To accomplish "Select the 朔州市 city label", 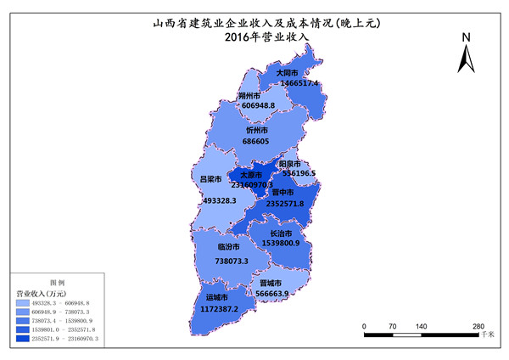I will [249, 96].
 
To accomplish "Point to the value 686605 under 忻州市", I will [255, 141].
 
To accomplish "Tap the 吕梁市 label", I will [210, 179].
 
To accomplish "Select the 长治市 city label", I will [282, 233].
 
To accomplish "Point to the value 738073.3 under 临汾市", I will [227, 262].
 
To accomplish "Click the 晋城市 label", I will [271, 283].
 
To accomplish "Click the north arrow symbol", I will [466, 59].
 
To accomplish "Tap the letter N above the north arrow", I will [466, 37].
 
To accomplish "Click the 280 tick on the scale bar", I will [478, 325].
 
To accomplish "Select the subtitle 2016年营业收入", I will [267, 37].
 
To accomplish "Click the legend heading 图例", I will [58, 281].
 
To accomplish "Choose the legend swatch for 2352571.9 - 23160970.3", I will [21, 338].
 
